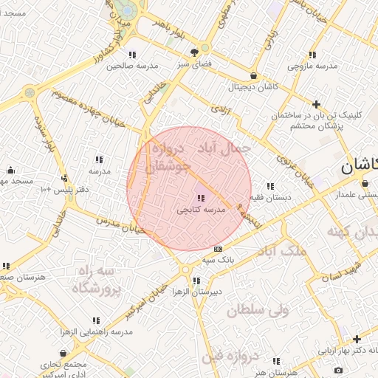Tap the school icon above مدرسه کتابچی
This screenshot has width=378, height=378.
point(200,198)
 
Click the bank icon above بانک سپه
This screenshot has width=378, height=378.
point(217,249)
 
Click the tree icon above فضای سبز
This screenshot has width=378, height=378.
point(194,52)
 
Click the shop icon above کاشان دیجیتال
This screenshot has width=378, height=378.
point(254,75)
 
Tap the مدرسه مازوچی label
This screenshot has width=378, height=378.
point(312,66)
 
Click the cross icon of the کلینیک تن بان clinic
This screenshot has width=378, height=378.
point(317,105)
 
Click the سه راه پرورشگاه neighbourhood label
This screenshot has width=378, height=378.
point(95,281)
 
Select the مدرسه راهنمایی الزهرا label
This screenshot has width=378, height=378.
point(96,331)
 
